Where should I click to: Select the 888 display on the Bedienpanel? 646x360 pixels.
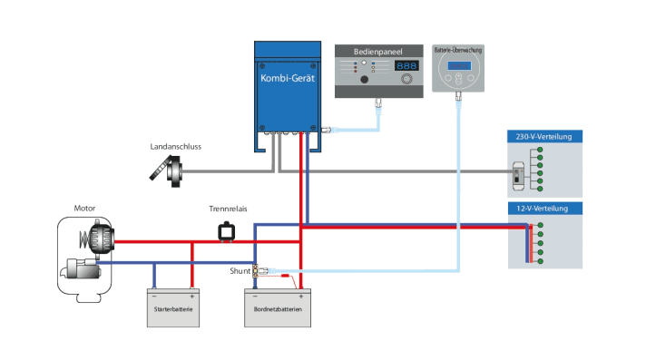click(x=406, y=66)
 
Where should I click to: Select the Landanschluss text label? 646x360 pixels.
click(x=177, y=146)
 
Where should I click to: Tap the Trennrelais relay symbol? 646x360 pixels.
click(x=225, y=232)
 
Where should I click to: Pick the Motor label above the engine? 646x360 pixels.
click(x=84, y=208)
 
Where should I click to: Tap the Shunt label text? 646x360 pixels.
click(x=240, y=270)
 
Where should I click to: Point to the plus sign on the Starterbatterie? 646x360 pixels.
click(x=191, y=296)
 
